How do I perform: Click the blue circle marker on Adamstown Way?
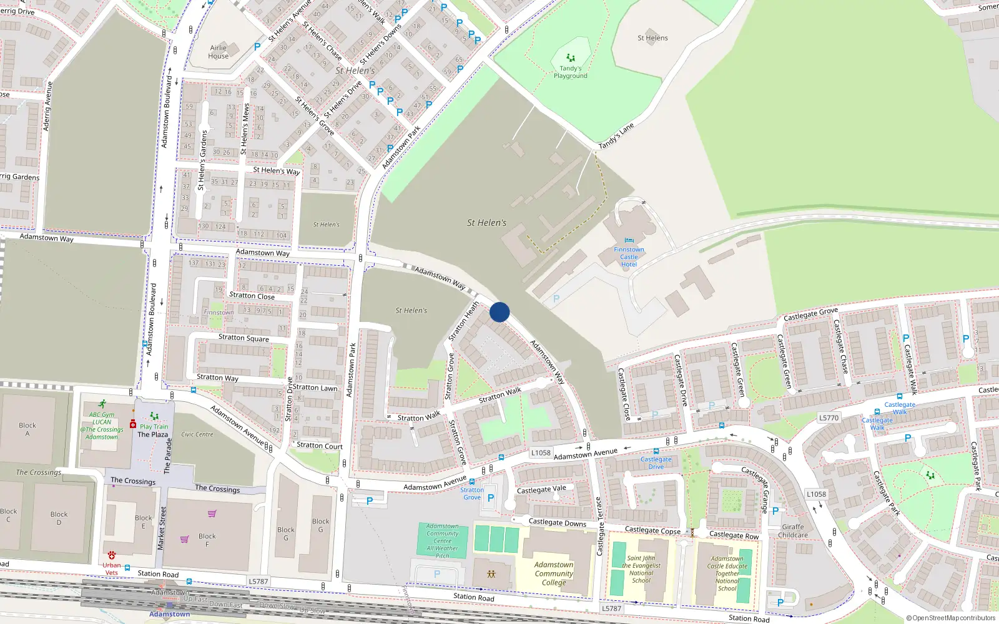click(499, 312)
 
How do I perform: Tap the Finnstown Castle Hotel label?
click(629, 256)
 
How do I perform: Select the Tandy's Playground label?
click(570, 72)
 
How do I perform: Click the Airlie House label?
click(219, 52)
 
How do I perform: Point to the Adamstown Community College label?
click(554, 573)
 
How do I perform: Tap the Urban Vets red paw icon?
click(112, 555)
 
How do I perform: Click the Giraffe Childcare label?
click(793, 531)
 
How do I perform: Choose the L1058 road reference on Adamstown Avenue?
click(541, 453)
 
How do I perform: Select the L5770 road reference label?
click(829, 418)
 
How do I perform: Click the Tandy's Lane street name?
click(616, 136)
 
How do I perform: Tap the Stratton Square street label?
click(244, 338)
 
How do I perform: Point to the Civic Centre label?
click(197, 434)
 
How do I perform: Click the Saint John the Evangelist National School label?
click(641, 569)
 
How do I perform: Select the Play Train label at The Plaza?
click(154, 427)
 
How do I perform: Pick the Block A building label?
click(27, 429)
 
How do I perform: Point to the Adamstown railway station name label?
click(169, 614)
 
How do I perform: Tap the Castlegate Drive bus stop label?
click(656, 462)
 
